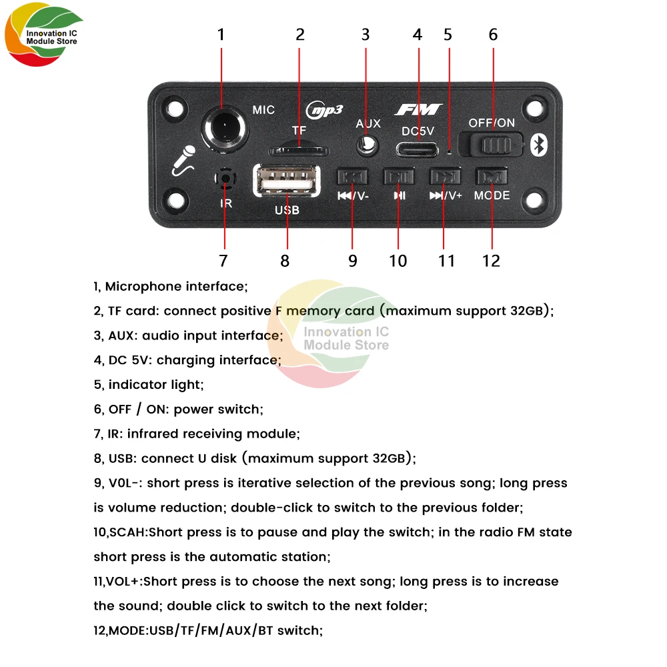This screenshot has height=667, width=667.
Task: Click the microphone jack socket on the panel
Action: point(222,125)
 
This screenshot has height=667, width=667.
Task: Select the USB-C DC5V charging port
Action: point(418,148)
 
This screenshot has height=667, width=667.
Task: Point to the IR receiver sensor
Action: point(225,178)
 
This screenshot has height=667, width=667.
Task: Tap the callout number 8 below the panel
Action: point(285,261)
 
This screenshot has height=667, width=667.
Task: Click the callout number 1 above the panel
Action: point(221,35)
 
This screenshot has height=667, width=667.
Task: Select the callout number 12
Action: point(491,261)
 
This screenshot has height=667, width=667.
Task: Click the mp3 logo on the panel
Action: point(323,109)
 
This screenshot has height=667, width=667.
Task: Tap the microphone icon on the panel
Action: point(182,161)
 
